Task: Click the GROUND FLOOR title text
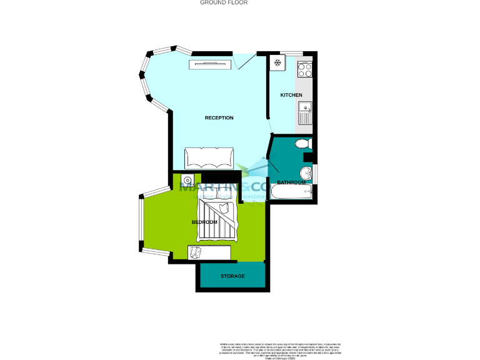224,2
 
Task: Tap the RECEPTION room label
219,117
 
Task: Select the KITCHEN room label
291,95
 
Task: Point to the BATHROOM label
291,182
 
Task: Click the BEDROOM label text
204,222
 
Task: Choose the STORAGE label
232,276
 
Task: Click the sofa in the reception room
209,158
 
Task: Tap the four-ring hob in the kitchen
304,68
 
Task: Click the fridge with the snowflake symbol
277,62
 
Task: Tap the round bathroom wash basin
306,173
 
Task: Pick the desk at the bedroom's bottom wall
209,252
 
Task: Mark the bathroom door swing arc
274,161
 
